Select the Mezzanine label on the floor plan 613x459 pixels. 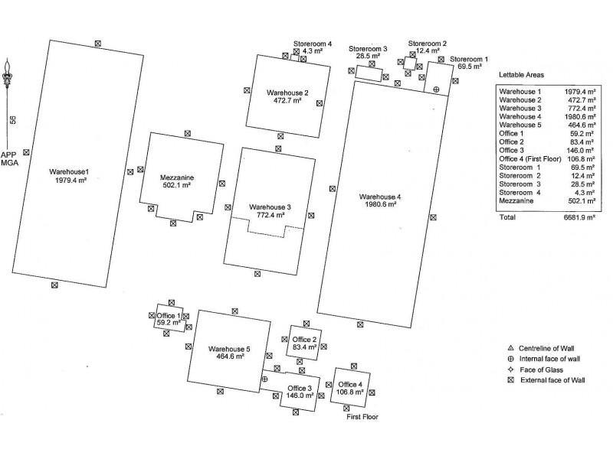coord(175,175)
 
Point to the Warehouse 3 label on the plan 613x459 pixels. coord(270,207)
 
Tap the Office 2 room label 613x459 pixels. coord(304,340)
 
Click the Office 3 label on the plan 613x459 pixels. coord(298,389)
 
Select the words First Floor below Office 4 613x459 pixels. coord(362,417)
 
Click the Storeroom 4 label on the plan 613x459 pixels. coord(312,44)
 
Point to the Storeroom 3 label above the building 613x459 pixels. coord(368,49)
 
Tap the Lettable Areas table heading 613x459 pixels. coord(521,76)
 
